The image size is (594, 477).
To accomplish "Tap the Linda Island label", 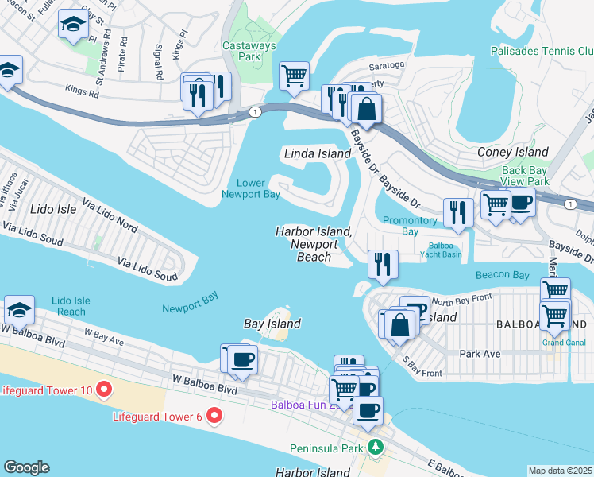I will (x=317, y=153).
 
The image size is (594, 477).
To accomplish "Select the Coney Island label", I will (x=512, y=152).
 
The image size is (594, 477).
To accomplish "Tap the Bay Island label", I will (x=272, y=324).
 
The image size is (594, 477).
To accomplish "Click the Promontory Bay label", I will (x=410, y=226).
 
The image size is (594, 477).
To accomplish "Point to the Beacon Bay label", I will (x=502, y=274).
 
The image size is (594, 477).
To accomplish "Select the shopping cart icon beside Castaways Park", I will (x=294, y=76).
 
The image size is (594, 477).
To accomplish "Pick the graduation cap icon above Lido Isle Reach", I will (x=19, y=309).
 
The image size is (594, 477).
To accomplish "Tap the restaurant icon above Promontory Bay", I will (x=458, y=211).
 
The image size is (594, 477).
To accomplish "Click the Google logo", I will (x=26, y=467).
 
